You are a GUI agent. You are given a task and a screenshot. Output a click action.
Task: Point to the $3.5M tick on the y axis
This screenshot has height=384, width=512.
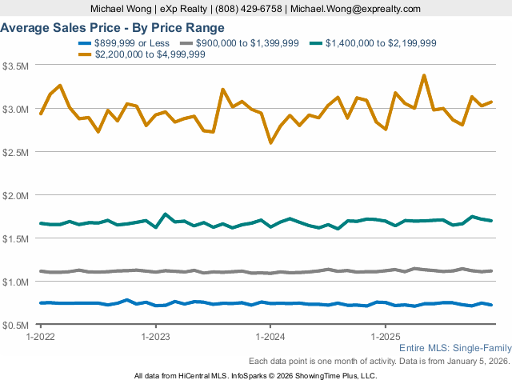pos(16,66)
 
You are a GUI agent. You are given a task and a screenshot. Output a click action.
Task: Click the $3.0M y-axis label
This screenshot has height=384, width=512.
pos(16,109)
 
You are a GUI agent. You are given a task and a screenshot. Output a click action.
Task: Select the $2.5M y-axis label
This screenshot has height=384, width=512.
pos(16,152)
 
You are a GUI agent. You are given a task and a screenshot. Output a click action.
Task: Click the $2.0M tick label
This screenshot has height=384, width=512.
pos(16,195)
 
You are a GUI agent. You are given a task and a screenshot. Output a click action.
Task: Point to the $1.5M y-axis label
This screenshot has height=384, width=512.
pos(16,238)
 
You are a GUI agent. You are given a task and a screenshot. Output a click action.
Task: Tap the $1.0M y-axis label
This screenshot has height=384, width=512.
pos(16,282)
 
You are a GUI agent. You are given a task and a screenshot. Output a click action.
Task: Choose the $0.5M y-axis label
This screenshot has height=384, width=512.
pos(16,326)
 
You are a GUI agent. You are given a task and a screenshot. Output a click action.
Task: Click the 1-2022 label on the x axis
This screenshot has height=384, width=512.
pos(41,337)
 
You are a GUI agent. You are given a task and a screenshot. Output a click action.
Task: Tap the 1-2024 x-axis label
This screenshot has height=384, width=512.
pos(270,337)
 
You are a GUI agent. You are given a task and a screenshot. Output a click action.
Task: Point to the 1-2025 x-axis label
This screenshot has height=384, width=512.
pos(386,337)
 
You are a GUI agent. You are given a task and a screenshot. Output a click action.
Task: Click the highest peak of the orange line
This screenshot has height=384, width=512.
pos(424,76)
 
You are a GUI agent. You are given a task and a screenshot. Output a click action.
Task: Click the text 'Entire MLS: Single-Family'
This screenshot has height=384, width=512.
pos(454,349)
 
